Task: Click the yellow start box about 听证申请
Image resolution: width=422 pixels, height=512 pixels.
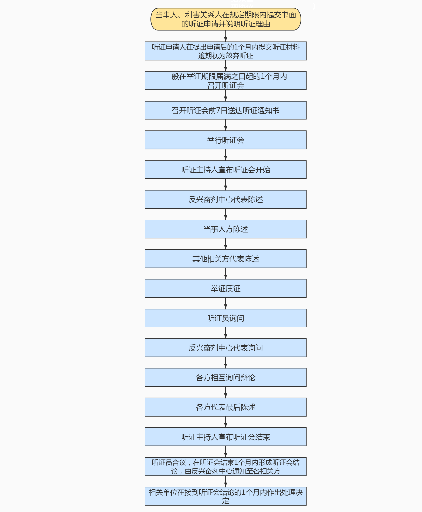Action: [x=225, y=19]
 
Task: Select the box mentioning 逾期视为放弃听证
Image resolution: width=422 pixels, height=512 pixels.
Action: [x=225, y=51]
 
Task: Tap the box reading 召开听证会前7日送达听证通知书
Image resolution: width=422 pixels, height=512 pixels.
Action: [x=225, y=110]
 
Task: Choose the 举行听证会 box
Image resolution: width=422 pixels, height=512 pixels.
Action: [x=225, y=140]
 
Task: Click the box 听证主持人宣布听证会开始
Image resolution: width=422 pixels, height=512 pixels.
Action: [x=225, y=170]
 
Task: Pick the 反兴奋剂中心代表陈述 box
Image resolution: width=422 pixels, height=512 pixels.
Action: [x=225, y=199]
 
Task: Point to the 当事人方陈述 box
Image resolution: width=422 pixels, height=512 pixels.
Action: [x=225, y=229]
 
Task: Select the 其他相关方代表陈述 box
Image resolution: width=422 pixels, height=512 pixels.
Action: [x=225, y=259]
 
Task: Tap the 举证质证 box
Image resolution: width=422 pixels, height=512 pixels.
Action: [x=225, y=289]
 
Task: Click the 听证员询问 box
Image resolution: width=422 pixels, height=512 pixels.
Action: [x=225, y=318]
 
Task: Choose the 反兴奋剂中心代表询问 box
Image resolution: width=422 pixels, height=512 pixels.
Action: [x=225, y=348]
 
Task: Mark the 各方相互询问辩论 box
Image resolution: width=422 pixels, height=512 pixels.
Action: [x=225, y=378]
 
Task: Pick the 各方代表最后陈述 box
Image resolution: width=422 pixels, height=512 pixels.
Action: [x=225, y=407]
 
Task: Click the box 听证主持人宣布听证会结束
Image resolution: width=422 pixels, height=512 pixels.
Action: [x=225, y=437]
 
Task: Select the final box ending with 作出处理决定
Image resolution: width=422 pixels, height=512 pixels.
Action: [x=225, y=496]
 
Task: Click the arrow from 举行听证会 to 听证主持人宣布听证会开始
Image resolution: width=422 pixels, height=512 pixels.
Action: [x=225, y=155]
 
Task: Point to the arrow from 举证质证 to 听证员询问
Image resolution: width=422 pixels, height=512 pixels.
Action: [x=225, y=303]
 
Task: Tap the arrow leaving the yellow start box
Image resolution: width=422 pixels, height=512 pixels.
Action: [x=225, y=36]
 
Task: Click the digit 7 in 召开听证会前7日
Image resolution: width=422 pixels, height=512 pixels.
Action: [x=218, y=111]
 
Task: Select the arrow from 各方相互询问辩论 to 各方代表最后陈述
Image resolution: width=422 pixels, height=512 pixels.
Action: [x=225, y=392]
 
